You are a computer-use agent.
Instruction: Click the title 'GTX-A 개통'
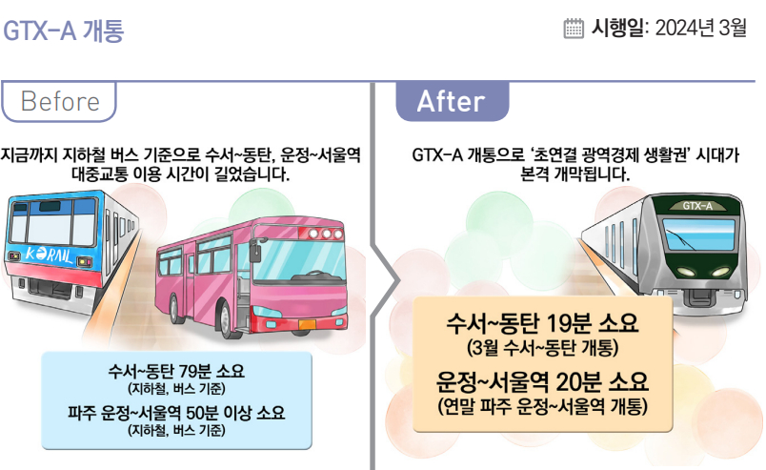[65, 31]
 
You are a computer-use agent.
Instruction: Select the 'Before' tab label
[59, 101]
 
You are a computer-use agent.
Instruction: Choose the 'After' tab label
[452, 101]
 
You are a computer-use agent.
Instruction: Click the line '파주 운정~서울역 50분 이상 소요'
[177, 415]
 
